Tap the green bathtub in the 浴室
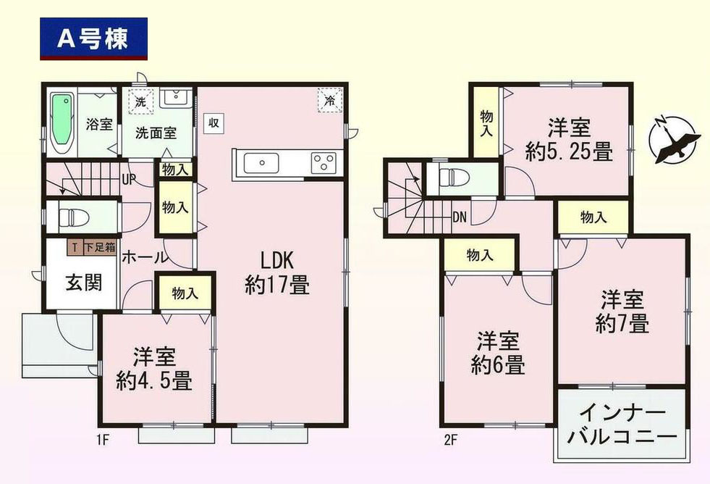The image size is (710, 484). [x=63, y=123]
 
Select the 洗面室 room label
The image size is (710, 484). [x=156, y=133]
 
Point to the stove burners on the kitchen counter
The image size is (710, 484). [x=323, y=163]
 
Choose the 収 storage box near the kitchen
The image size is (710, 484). [x=214, y=122]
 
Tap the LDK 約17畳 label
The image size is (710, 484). [x=276, y=273]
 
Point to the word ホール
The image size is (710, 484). [x=145, y=257]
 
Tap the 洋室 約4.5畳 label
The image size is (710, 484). [x=154, y=369]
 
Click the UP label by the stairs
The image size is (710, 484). [x=128, y=178]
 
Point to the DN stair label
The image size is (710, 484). [x=459, y=215]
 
